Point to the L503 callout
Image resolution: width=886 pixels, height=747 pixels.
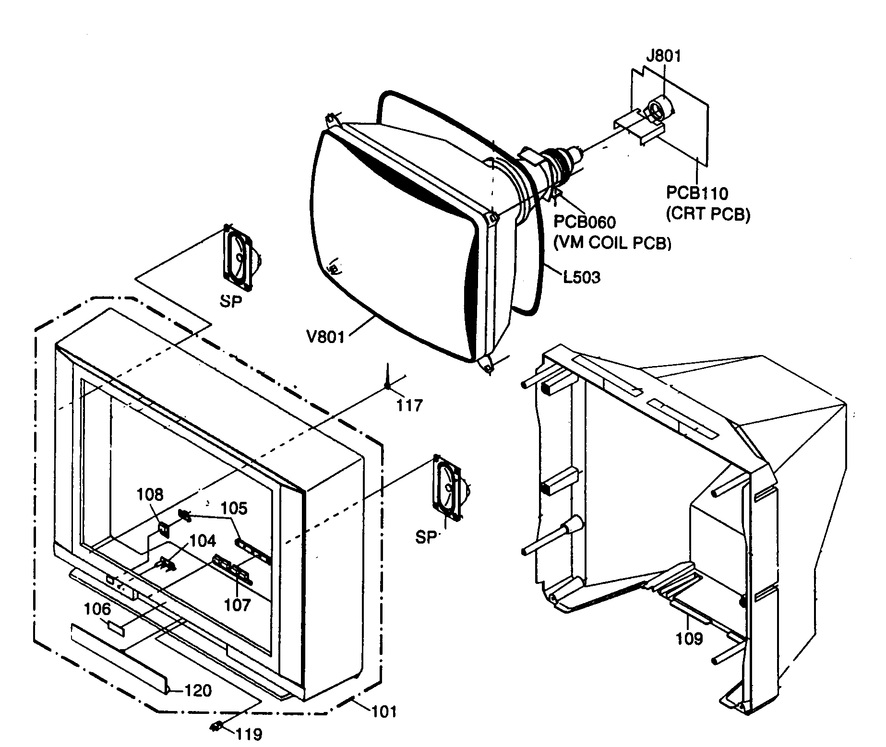pyautogui.click(x=581, y=277)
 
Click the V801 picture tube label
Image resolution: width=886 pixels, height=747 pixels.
pyautogui.click(x=325, y=337)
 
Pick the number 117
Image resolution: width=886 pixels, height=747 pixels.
pyautogui.click(x=409, y=406)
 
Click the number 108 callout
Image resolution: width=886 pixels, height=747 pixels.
pyautogui.click(x=150, y=495)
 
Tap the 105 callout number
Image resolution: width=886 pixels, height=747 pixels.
pyautogui.click(x=234, y=508)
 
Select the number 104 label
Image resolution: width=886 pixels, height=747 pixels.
pyautogui.click(x=203, y=541)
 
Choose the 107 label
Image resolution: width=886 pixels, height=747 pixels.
pyautogui.click(x=238, y=605)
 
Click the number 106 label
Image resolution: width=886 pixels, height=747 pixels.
pyautogui.click(x=97, y=609)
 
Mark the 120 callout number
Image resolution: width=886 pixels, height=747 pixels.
pyautogui.click(x=198, y=691)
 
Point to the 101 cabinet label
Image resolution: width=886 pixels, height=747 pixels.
pyautogui.click(x=384, y=711)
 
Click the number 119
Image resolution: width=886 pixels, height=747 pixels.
pyautogui.click(x=249, y=734)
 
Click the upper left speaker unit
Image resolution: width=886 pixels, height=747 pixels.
pyautogui.click(x=238, y=259)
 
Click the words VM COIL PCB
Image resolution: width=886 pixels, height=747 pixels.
pyautogui.click(x=612, y=244)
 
